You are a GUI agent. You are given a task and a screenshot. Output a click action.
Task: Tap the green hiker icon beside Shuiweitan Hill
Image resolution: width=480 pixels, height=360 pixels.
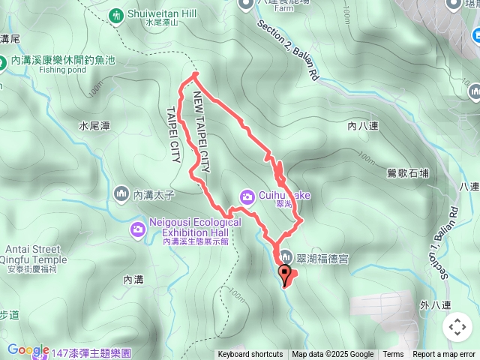(115, 14)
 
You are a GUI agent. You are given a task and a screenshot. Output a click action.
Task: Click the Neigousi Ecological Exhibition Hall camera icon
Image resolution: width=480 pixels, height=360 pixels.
(138, 229)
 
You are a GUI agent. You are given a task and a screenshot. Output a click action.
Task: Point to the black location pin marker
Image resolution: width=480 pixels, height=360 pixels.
(285, 274)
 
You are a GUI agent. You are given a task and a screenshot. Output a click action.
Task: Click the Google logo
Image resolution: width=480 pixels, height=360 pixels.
(28, 349)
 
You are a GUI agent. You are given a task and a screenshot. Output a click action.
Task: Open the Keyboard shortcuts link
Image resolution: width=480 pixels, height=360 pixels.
(250, 355)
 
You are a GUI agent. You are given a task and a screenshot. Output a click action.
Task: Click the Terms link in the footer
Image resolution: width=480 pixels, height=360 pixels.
(393, 355)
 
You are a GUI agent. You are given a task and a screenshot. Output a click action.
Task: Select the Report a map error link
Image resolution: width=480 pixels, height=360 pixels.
(444, 355)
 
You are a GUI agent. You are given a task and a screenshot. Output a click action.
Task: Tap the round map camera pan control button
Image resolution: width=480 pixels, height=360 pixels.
(457, 327)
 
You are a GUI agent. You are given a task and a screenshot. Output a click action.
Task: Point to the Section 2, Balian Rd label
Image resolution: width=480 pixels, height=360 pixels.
(289, 49)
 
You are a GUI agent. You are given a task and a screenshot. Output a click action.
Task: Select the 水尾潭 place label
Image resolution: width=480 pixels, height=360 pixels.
(95, 127)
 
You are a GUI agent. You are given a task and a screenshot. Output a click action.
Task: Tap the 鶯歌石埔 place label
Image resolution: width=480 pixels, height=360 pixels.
(409, 172)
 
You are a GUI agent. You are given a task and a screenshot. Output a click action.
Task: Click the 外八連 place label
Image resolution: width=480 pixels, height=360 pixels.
(435, 305)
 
